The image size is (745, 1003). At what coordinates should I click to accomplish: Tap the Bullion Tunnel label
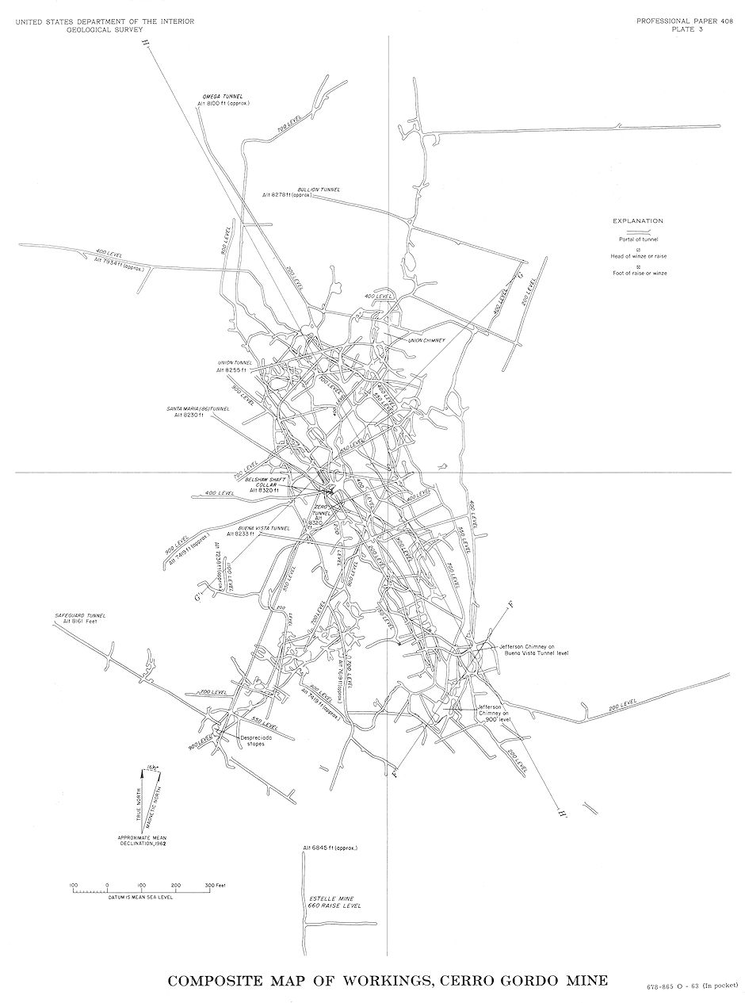[x=319, y=189]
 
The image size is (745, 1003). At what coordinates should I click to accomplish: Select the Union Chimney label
[x=427, y=340]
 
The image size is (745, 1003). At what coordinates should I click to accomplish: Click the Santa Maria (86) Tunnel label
[x=197, y=409]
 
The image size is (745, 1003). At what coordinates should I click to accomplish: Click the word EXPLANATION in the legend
[x=638, y=220]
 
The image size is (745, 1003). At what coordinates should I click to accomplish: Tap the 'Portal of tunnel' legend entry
[x=639, y=239]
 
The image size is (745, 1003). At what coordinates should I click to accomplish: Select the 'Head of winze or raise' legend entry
[x=638, y=255]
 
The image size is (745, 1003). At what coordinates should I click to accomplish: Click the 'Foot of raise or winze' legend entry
[x=639, y=273]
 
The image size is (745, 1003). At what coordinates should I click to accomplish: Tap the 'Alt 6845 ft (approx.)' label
[x=330, y=848]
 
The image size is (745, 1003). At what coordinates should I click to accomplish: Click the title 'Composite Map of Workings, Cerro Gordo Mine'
[x=388, y=980]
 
